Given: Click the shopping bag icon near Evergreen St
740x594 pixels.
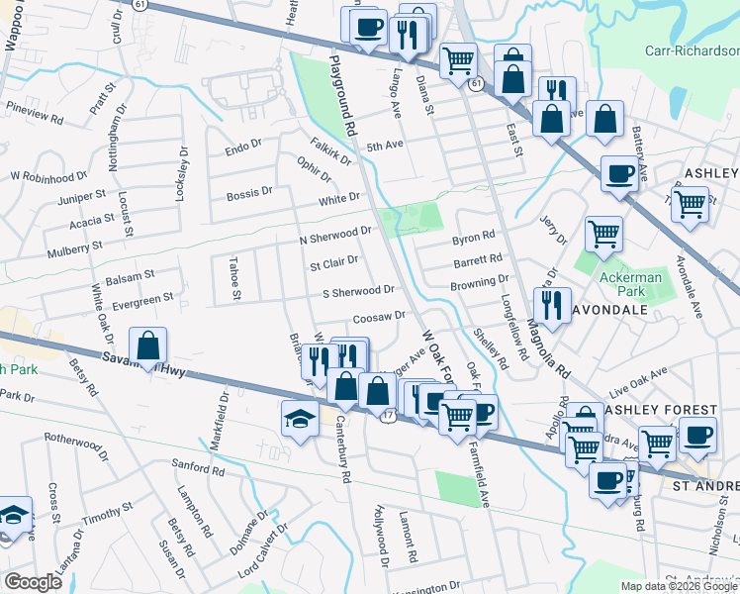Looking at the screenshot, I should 147,346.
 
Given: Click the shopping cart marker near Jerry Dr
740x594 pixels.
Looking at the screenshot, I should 603,236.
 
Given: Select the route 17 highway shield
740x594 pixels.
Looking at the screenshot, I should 388,416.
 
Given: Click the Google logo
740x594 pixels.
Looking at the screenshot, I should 33,581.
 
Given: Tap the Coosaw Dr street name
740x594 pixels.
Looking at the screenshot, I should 380,316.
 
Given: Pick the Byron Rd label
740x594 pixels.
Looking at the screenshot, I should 473,239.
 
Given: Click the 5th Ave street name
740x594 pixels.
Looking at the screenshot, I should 386,147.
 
